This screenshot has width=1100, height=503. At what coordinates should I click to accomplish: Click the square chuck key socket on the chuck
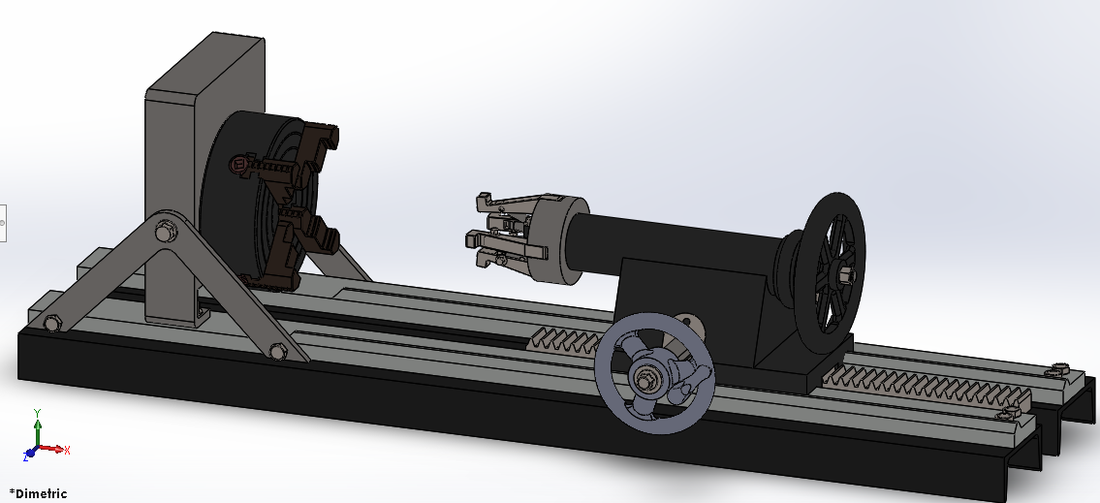[238, 167]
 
